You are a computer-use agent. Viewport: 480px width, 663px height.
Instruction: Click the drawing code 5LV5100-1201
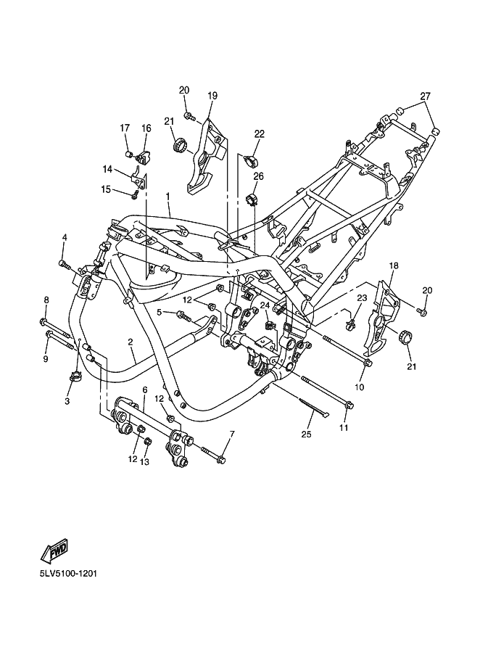(x=69, y=574)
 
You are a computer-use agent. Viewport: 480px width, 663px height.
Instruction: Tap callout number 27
(x=425, y=96)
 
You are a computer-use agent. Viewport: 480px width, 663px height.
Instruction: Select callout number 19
(x=212, y=96)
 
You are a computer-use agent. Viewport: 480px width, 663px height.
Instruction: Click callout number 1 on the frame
(x=167, y=196)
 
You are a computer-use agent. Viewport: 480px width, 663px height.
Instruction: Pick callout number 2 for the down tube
(x=131, y=342)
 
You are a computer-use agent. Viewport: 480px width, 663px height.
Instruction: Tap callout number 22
(x=259, y=133)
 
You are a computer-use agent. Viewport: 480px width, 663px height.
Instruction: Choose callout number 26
(x=258, y=176)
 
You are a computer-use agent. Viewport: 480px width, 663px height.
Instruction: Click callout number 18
(x=394, y=266)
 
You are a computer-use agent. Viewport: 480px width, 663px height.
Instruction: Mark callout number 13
(x=144, y=461)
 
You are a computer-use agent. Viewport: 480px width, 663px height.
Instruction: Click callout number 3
(x=67, y=401)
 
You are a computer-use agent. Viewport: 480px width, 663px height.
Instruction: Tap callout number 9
(x=45, y=358)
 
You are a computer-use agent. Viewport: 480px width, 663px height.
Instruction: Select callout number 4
(x=64, y=237)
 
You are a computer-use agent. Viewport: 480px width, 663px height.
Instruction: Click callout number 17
(x=125, y=128)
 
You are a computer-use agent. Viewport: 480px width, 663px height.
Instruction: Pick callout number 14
(x=107, y=169)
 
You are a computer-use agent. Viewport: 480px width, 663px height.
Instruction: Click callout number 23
(x=361, y=298)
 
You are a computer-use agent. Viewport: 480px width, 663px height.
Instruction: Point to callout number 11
(x=344, y=428)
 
